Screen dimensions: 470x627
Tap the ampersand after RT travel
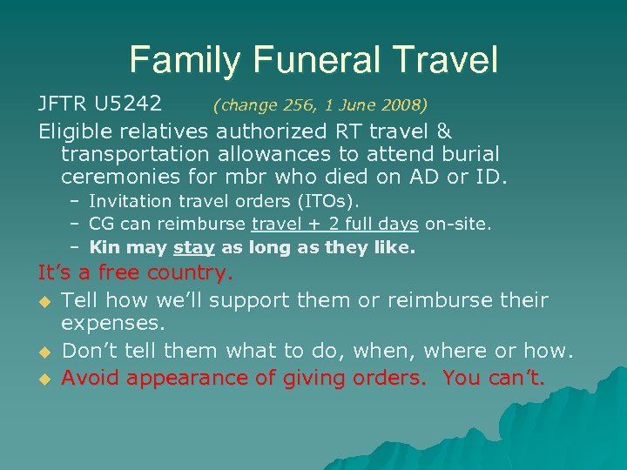(x=442, y=131)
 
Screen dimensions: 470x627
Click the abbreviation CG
(x=102, y=225)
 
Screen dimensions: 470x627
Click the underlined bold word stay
(x=194, y=248)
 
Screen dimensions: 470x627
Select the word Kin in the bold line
(x=105, y=248)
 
